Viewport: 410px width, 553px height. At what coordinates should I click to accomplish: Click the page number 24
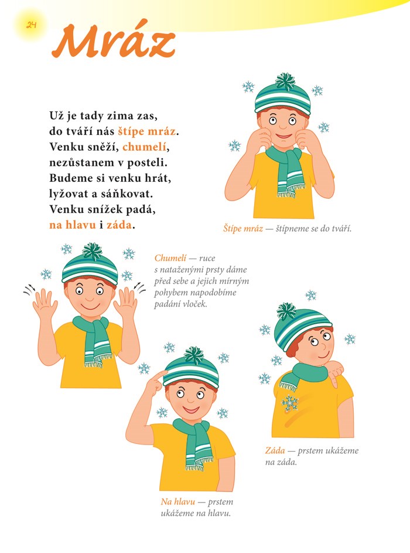[x=31, y=25]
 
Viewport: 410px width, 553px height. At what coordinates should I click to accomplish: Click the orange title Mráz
[x=114, y=41]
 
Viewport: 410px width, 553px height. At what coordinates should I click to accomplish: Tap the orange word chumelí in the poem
[x=144, y=147]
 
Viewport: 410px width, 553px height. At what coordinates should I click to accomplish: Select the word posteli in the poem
[x=147, y=162]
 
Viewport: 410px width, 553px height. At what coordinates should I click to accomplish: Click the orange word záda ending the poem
[x=119, y=225]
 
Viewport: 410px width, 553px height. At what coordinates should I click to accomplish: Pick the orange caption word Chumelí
[x=170, y=258]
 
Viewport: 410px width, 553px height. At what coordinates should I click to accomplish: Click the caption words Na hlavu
[x=178, y=501]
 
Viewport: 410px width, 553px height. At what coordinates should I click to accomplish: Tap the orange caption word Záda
[x=275, y=450]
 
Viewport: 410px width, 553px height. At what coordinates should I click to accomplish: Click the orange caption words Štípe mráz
[x=243, y=229]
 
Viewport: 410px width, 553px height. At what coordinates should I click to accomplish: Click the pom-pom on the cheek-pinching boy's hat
[x=285, y=82]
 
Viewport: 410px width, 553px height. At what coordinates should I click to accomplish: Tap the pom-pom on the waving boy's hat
[x=92, y=251]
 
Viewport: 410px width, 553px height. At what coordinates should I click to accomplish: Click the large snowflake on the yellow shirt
[x=290, y=403]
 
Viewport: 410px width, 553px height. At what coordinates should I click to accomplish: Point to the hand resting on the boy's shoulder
[x=334, y=374]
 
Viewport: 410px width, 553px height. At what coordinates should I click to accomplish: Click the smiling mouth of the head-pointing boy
[x=191, y=410]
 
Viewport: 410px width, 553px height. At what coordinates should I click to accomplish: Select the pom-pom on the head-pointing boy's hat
[x=193, y=355]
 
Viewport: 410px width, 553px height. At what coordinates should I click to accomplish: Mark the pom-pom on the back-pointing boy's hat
[x=286, y=311]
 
